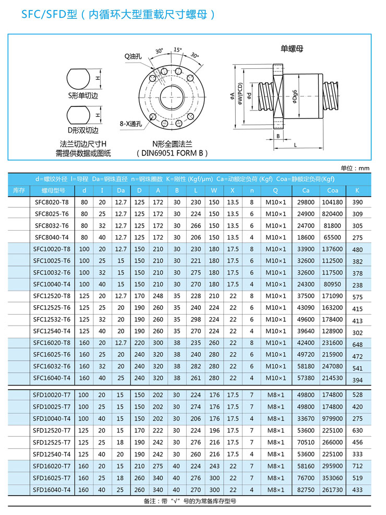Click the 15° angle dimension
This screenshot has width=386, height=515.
(178, 50)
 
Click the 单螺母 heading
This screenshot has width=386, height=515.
(292, 49)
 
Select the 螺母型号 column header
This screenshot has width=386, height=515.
(52, 190)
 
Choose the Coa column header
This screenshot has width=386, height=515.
(332, 190)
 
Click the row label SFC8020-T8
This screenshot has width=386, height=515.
(52, 202)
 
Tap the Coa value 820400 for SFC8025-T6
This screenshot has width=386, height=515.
(332, 214)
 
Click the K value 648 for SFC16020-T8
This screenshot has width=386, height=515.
(357, 344)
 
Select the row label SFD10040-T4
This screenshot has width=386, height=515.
(52, 419)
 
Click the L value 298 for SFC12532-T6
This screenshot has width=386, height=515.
(196, 319)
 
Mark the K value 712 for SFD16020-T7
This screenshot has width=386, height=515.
(357, 466)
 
